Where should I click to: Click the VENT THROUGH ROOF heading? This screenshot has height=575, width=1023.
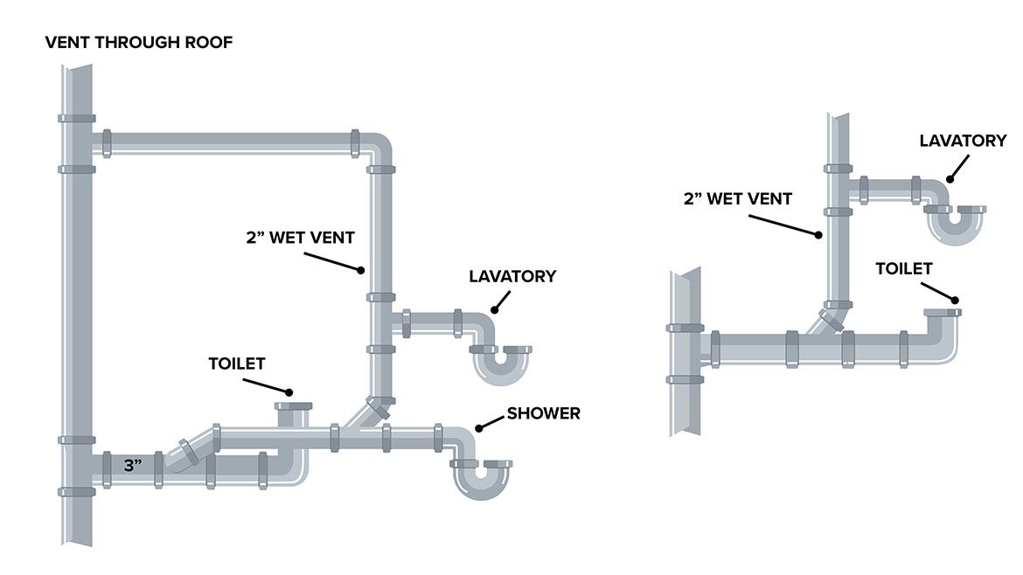click(139, 42)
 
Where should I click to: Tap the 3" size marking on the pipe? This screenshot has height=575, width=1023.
click(133, 467)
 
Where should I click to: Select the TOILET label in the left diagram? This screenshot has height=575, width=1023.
click(236, 363)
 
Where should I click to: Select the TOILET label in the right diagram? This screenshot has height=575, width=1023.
click(904, 269)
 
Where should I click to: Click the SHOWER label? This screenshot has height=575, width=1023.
click(545, 413)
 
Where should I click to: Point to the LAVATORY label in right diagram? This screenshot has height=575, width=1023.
click(963, 140)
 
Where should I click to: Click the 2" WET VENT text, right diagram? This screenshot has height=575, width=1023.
click(738, 198)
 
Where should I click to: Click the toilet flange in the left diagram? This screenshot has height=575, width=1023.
click(293, 406)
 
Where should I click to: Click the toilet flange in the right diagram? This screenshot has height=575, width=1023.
click(943, 312)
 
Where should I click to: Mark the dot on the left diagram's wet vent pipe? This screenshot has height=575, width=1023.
click(359, 270)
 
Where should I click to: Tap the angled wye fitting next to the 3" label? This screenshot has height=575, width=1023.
click(186, 452)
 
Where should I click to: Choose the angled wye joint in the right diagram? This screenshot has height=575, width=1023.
click(827, 320)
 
